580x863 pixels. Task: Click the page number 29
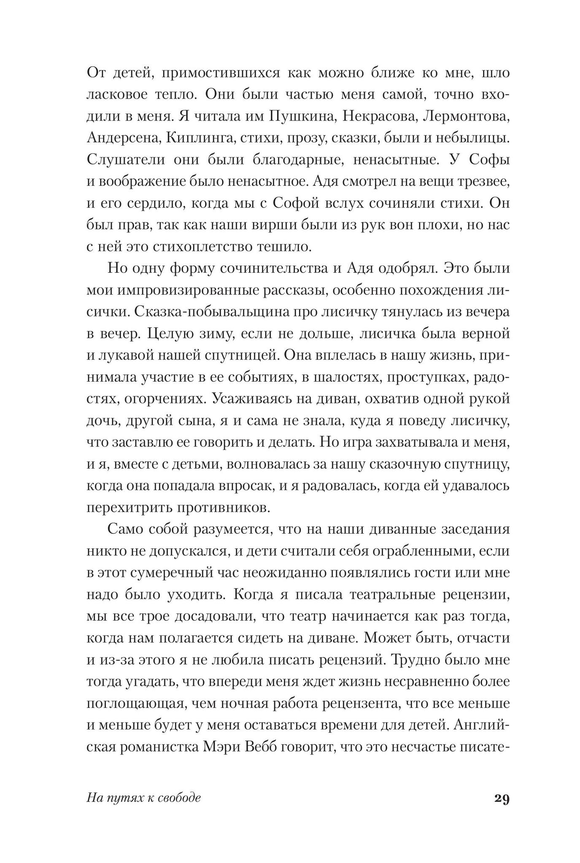pyautogui.click(x=502, y=810)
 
